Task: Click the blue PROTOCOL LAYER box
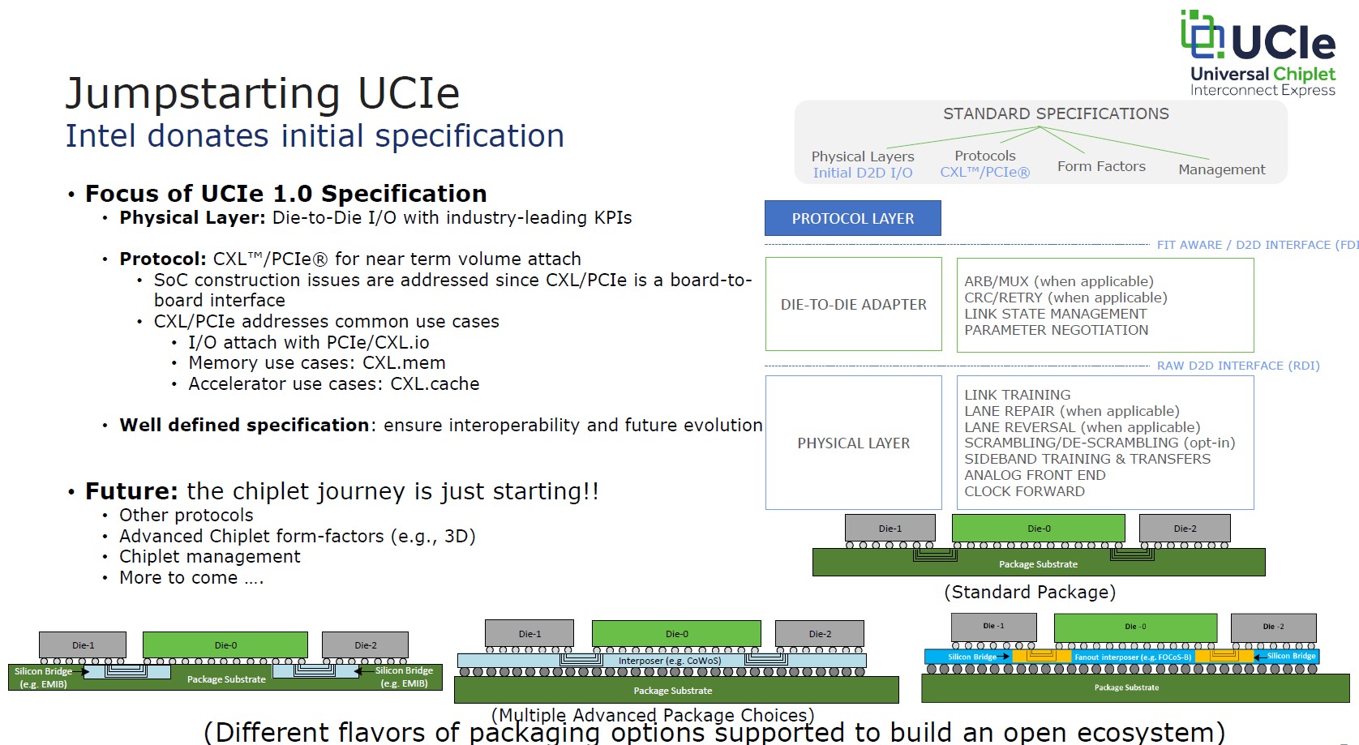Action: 852,218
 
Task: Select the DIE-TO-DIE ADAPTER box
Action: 854,304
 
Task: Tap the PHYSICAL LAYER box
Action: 854,443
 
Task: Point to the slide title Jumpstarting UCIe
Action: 262,93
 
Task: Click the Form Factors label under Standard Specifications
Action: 1101,166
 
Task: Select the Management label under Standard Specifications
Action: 1221,169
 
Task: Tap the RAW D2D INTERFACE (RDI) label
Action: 1237,366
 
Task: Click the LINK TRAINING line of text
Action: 1018,395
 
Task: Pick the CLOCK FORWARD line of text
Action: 1024,491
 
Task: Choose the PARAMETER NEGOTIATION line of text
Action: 1057,330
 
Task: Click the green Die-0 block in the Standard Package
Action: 1038,529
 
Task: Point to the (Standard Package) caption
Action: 1030,592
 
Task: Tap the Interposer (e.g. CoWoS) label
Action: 670,661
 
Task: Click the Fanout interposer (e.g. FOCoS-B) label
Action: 1133,657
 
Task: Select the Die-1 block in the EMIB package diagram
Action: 84,645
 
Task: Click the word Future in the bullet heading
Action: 131,490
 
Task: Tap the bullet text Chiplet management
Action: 209,556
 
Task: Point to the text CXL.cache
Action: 435,383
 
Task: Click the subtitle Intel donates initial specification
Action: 315,136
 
